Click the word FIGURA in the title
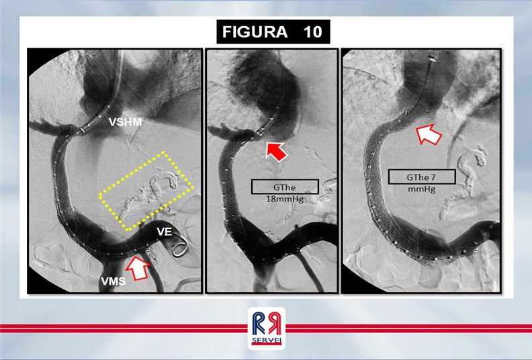[255, 32]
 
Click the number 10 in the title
[312, 32]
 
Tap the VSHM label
[125, 122]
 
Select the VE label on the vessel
[164, 232]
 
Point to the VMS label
[114, 281]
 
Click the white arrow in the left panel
[138, 267]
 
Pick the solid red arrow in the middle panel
[276, 151]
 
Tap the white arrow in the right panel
[429, 134]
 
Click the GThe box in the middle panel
[285, 187]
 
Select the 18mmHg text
[285, 199]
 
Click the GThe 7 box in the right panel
[422, 177]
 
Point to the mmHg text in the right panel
[421, 189]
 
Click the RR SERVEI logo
[267, 328]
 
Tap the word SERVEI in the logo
[267, 341]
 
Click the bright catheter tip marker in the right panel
[431, 58]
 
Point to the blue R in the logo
[259, 324]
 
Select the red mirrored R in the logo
[274, 324]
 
